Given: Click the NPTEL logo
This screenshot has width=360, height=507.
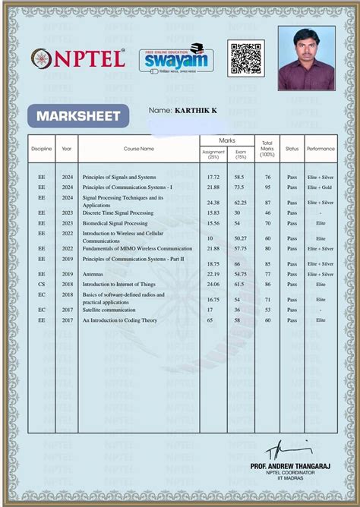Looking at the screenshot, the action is coord(78,58).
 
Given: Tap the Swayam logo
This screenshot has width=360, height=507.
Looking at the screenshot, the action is coord(176,58).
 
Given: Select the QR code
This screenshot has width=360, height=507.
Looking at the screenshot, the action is coord(245,58).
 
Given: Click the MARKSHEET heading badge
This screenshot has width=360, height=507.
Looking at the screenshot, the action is coord(74,116).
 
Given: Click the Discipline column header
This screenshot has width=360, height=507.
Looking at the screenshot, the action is coord(42,149).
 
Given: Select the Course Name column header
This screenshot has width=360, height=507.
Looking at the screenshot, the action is coord(138,149).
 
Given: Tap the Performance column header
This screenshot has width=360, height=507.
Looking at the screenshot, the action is coord(320,149).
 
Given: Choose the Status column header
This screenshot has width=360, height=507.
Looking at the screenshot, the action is coord(292,149).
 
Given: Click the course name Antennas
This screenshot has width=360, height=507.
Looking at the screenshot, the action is coord(93,274).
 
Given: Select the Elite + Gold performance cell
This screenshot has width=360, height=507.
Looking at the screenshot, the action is coord(320,187).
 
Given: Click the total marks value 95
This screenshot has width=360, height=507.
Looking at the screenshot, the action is coord(267,187).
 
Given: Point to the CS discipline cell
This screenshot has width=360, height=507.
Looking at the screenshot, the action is coord(42,284).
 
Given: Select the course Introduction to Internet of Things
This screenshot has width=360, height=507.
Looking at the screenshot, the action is coord(122,284).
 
